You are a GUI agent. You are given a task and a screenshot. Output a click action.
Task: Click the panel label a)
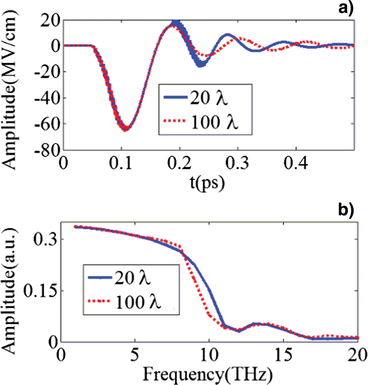pyautogui.click(x=346, y=8)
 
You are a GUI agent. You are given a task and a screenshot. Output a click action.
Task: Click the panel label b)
pyautogui.click(x=346, y=210)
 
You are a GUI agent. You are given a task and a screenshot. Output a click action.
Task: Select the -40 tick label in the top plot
pyautogui.click(x=47, y=98)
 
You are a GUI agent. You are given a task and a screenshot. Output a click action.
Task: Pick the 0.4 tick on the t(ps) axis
pyautogui.click(x=296, y=163)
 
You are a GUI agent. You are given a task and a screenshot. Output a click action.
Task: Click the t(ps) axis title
pyautogui.click(x=207, y=183)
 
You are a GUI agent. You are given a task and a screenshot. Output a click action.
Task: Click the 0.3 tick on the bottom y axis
pyautogui.click(x=45, y=239)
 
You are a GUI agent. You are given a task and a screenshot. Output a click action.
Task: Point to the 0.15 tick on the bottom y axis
pyautogui.click(x=40, y=291)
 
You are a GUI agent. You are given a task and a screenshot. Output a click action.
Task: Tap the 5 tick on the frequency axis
pyautogui.click(x=135, y=355)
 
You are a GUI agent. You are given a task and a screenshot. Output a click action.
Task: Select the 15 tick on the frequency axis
pyautogui.click(x=283, y=355)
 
